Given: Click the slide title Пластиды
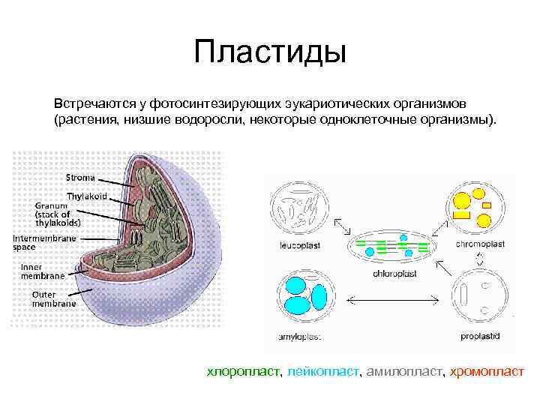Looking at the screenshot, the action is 269,52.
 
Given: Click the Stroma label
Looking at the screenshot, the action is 80,178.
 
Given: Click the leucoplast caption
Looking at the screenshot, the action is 298,245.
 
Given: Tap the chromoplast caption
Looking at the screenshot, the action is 480,244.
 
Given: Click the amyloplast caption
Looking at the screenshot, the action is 299,337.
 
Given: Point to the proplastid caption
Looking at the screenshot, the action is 481,337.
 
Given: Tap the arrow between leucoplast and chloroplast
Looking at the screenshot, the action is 341,226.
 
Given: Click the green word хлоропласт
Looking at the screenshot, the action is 243,370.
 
